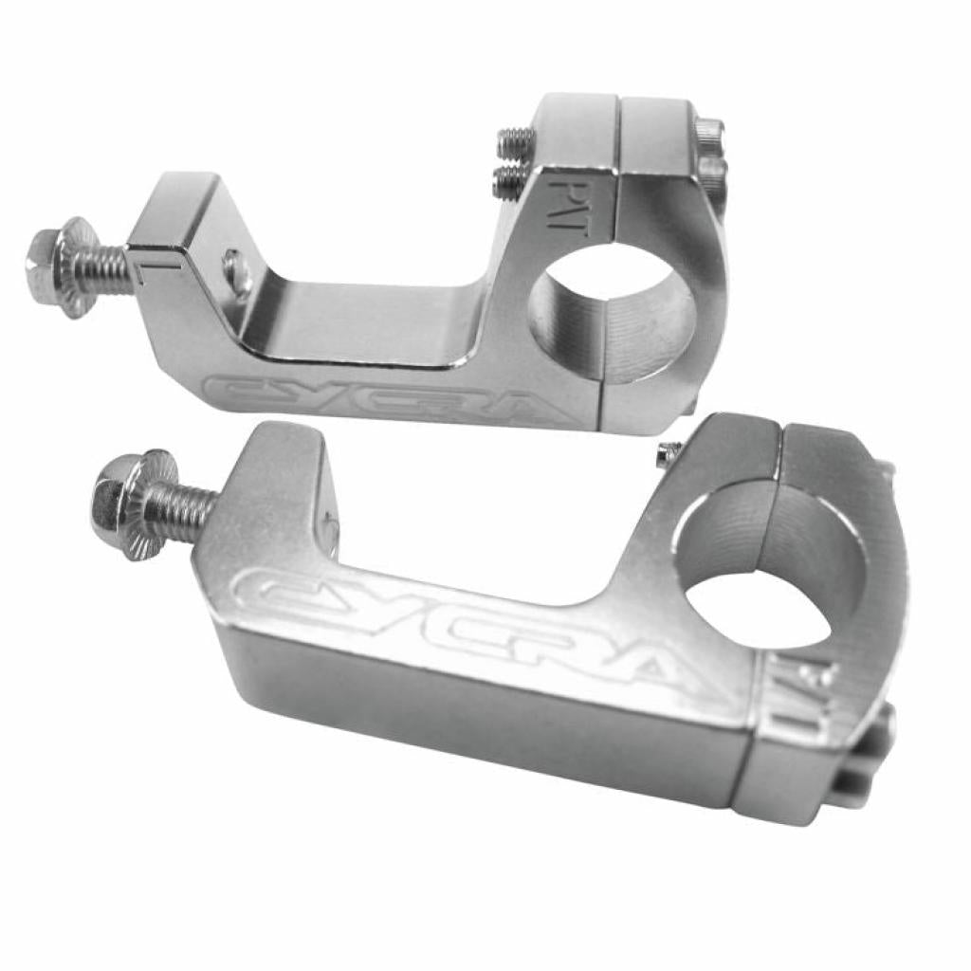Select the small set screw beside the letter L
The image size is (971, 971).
(x=236, y=271)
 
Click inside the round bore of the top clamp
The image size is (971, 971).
(x=613, y=313)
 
